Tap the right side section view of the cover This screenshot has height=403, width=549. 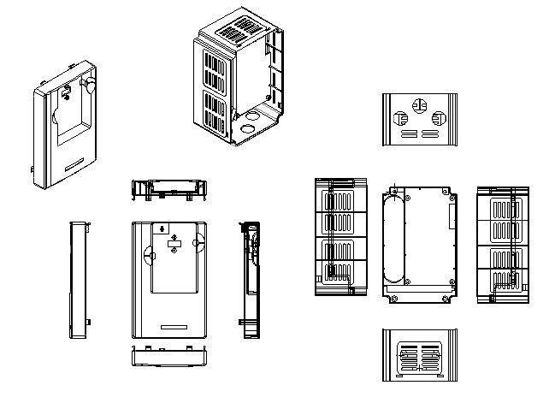point(250,278)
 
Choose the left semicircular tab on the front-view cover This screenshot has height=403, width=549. point(147,254)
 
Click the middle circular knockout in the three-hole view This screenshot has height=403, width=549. point(418,105)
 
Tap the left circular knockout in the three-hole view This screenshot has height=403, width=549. point(398,119)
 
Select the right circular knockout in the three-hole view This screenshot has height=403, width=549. point(440,119)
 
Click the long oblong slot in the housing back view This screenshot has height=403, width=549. point(393,240)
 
